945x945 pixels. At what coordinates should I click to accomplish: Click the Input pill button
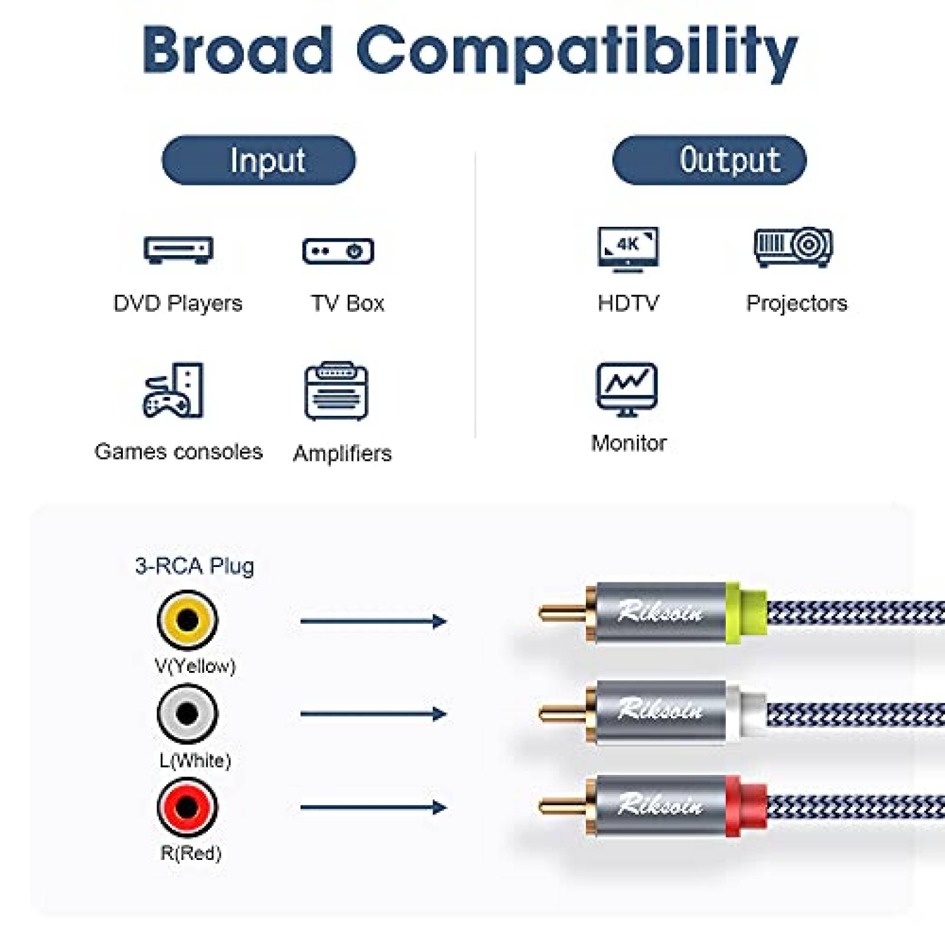tap(259, 160)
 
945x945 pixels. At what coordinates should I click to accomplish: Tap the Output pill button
tap(709, 160)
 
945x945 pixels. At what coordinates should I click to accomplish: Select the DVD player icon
tap(178, 250)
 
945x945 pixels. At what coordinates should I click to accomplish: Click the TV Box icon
tap(338, 251)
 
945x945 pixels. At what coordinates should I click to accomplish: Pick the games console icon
tap(174, 390)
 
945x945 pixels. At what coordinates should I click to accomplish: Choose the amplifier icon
tap(336, 391)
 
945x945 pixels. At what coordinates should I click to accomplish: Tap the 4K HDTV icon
tap(628, 249)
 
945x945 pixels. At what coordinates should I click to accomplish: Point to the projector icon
tap(793, 247)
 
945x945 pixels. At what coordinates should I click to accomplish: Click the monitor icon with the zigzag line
tap(627, 389)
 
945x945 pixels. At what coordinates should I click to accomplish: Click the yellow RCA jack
tap(187, 620)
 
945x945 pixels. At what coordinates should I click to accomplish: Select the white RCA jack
tap(187, 713)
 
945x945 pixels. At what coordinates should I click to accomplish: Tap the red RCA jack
tap(187, 807)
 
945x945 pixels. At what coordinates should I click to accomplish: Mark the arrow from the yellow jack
tap(373, 621)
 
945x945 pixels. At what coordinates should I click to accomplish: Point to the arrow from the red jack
tap(373, 807)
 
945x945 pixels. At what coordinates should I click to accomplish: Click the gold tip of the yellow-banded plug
tap(561, 612)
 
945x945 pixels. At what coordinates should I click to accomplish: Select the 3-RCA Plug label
tap(194, 566)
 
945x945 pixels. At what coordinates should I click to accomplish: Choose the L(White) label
tap(195, 760)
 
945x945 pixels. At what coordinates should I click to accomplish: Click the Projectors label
tap(796, 303)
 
